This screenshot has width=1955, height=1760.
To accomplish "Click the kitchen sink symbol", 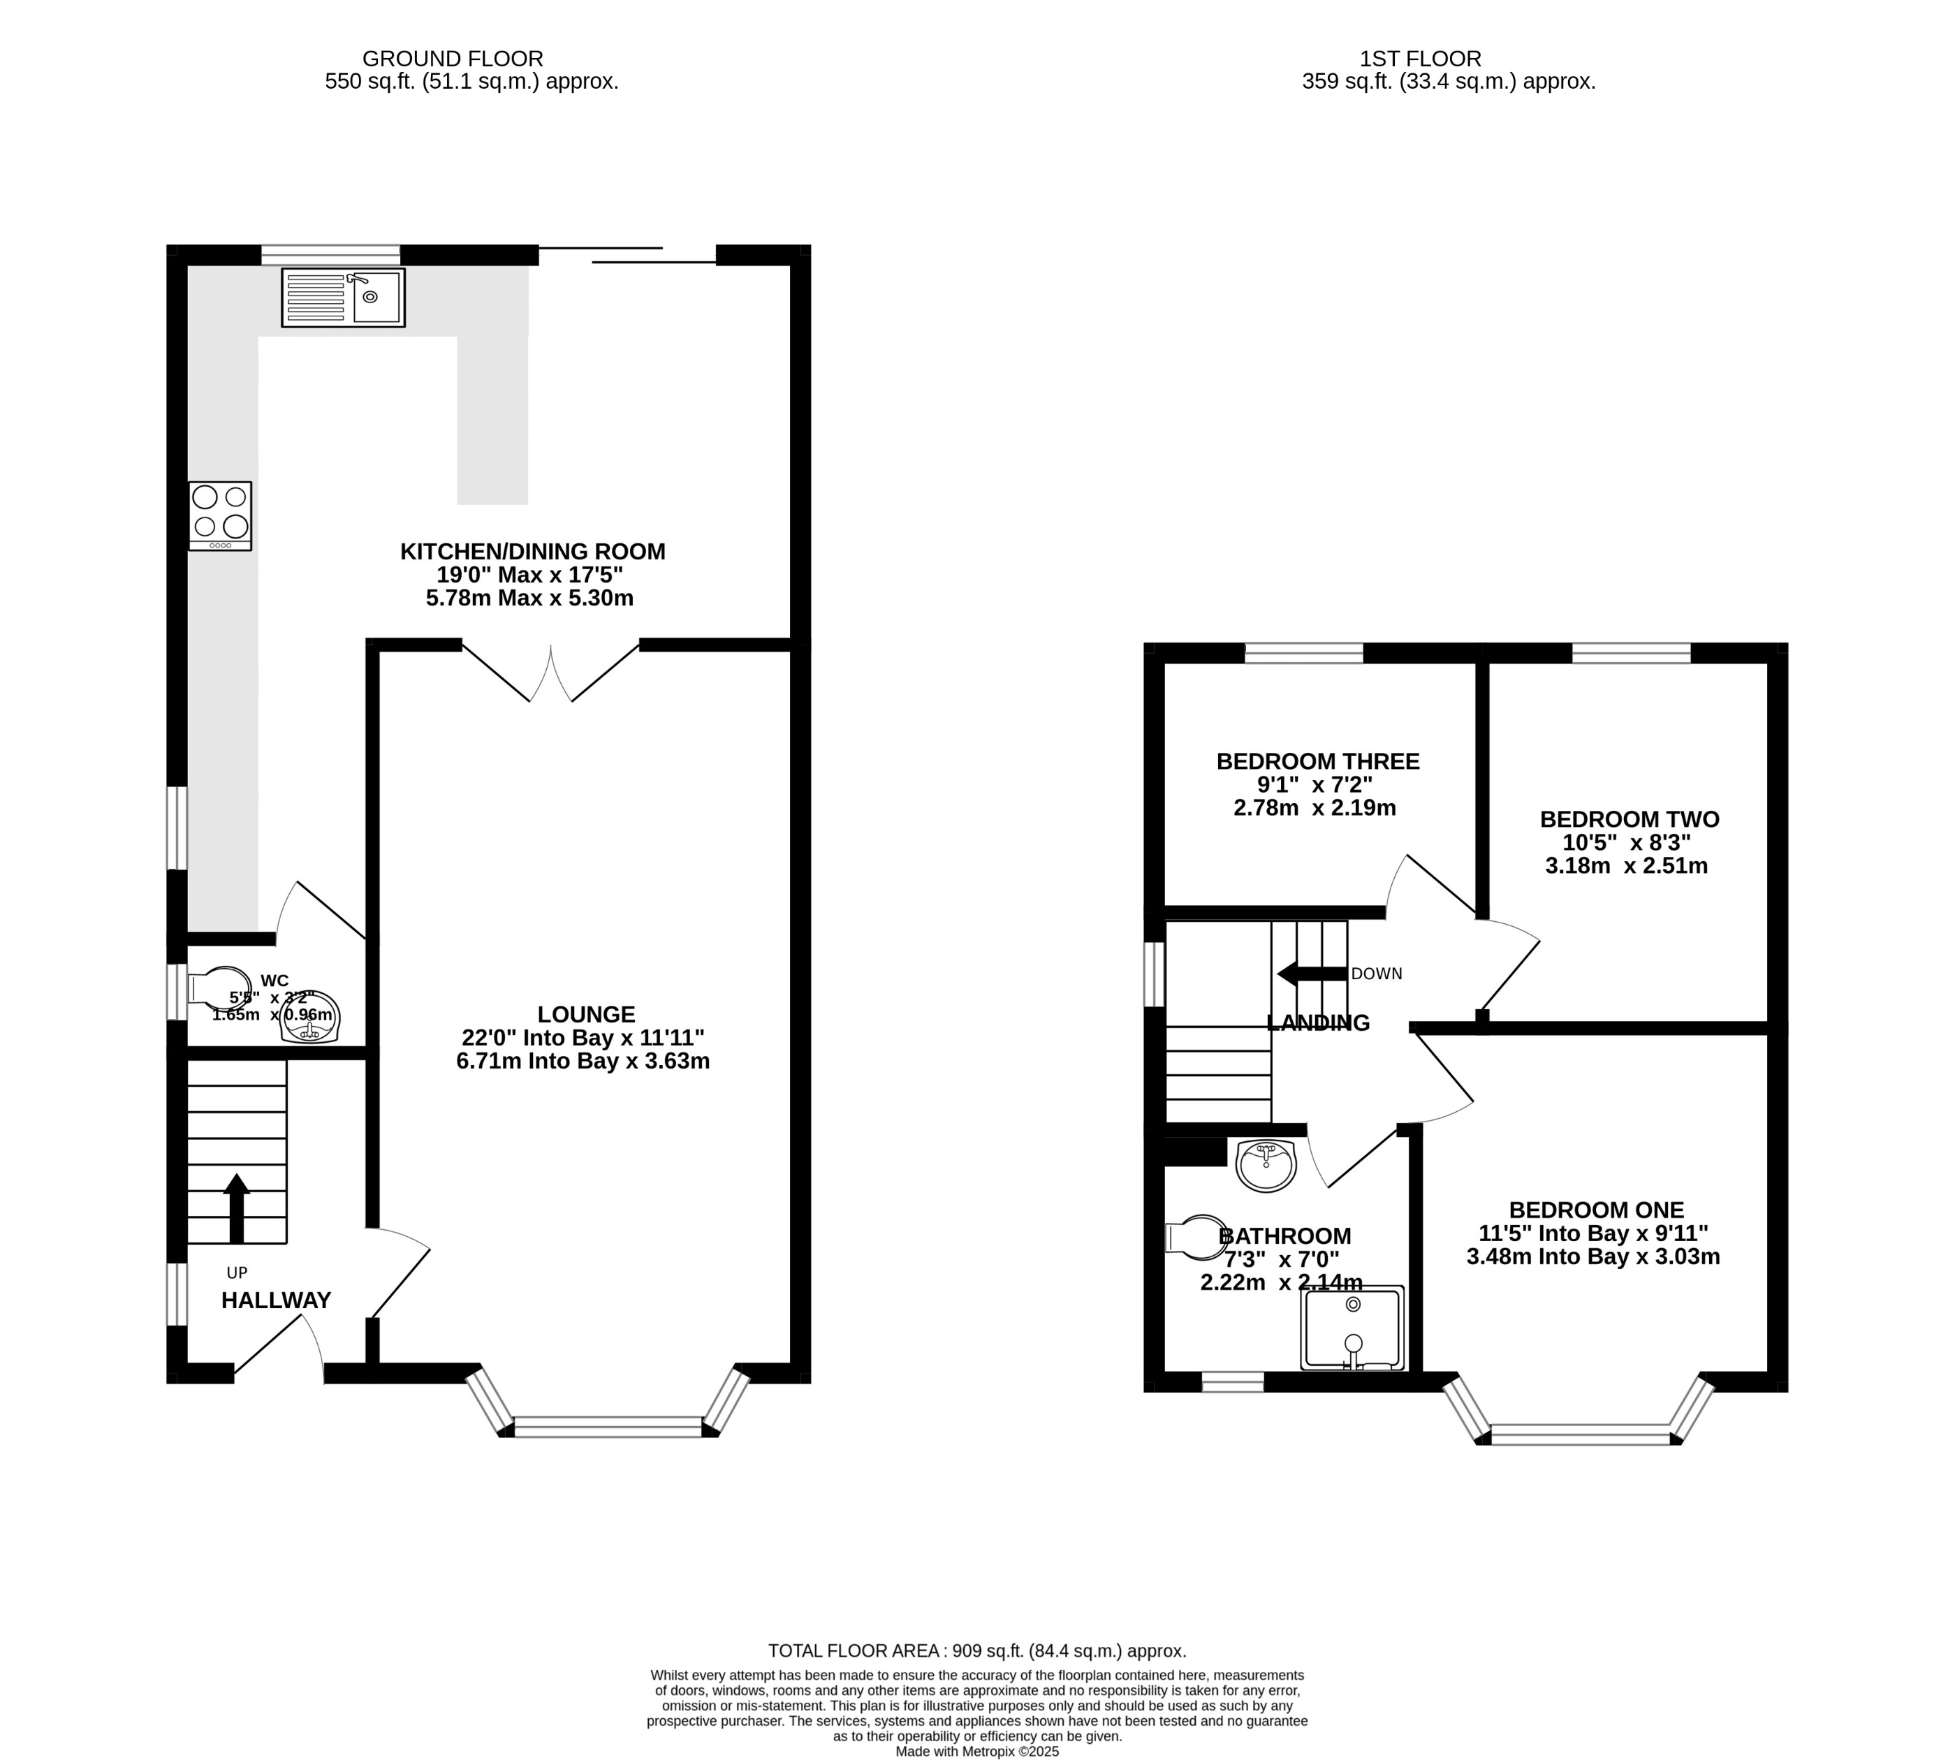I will (x=343, y=297).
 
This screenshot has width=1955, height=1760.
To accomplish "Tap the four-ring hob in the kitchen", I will (x=221, y=515).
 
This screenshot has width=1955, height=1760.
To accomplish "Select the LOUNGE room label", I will (x=586, y=1014).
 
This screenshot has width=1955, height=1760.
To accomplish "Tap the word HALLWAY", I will (x=277, y=1300).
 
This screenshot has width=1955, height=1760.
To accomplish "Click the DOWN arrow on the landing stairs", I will (x=1310, y=974).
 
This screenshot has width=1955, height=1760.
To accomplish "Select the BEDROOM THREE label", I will (x=1318, y=761).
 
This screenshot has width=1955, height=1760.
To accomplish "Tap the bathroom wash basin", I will (x=1266, y=1166).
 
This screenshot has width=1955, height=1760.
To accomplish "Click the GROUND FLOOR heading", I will (x=453, y=59).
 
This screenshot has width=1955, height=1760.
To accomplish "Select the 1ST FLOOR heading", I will (x=1419, y=59).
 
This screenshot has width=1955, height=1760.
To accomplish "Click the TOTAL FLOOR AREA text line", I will (x=976, y=1651).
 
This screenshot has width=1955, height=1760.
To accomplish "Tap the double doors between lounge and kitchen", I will (x=551, y=672).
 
